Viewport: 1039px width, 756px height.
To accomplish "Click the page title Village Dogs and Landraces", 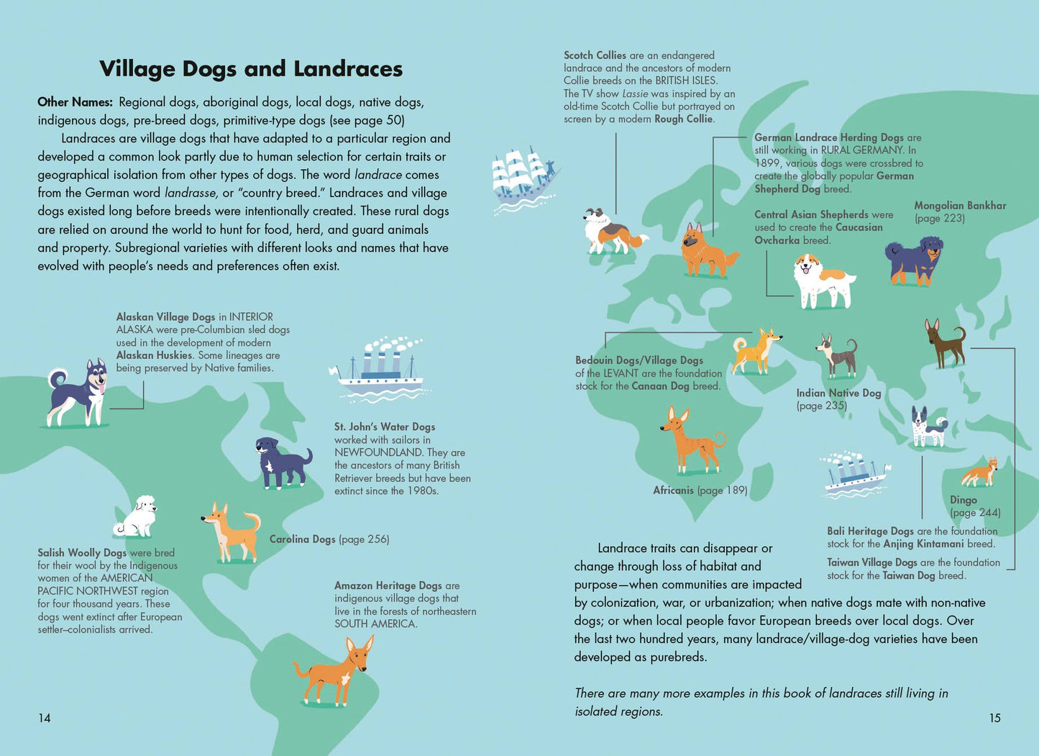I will click(251, 68).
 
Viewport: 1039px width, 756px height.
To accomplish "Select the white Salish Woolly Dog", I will click(137, 516).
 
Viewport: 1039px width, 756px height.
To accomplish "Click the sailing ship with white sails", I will click(524, 180).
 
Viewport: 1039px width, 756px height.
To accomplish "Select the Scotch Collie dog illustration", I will click(610, 231).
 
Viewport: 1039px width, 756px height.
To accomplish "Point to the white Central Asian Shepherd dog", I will click(823, 280).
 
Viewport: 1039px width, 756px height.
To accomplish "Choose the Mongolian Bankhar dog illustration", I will click(913, 261).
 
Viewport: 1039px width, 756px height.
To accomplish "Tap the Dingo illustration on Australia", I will click(980, 473).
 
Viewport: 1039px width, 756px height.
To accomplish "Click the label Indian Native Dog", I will click(838, 393).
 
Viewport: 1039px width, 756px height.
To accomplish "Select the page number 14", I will click(45, 718).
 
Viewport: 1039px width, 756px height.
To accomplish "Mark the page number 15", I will click(994, 718).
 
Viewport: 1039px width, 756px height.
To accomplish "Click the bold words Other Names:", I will click(75, 102).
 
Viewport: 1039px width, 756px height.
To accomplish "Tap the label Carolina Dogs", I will click(302, 539).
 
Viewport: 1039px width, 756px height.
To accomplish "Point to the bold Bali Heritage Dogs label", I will click(870, 531).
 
